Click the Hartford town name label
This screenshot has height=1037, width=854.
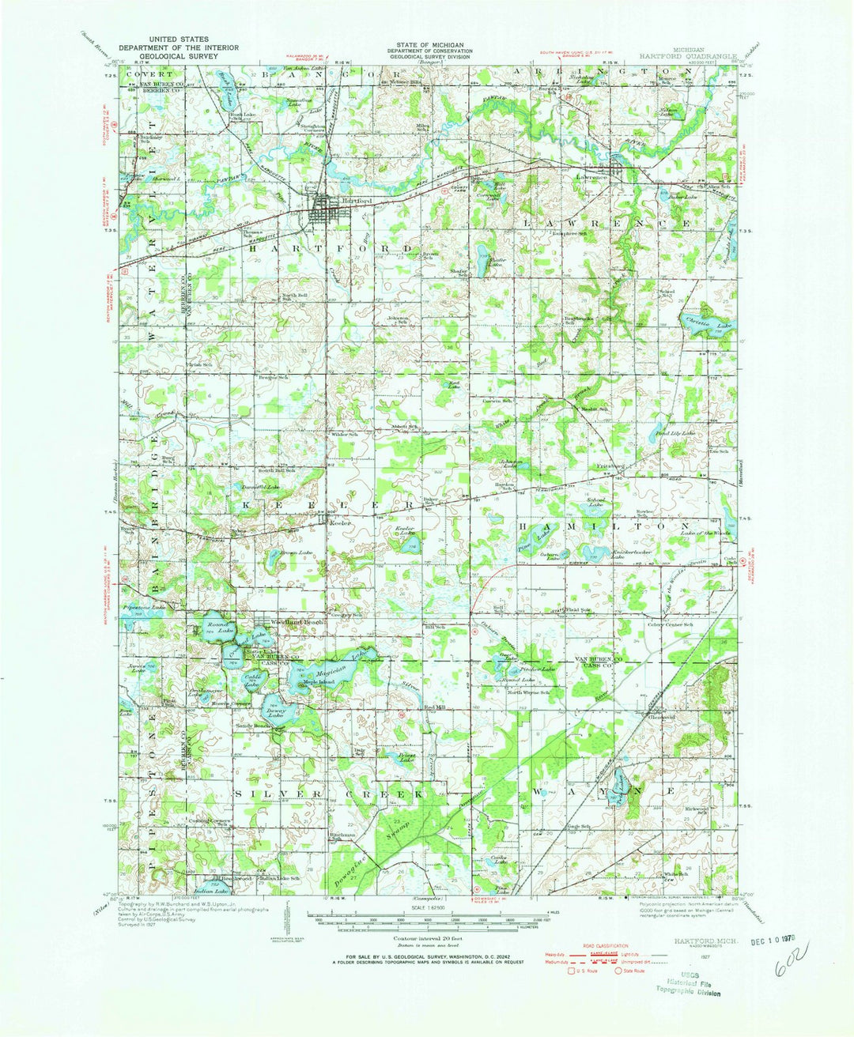(354, 202)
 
